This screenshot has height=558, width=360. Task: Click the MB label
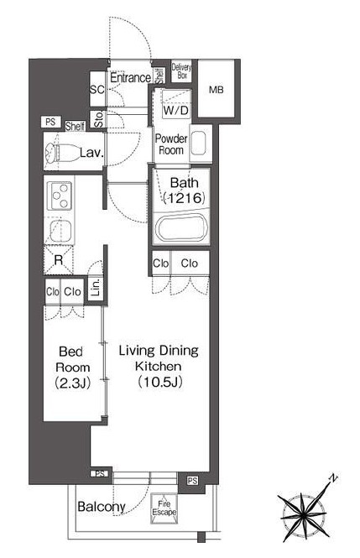216,90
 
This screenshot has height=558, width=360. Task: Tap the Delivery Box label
181,70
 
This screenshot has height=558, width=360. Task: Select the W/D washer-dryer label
175,110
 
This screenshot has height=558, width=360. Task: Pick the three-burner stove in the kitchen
59,196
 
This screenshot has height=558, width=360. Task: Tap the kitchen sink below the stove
59,232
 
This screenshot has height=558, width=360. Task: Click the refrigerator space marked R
59,260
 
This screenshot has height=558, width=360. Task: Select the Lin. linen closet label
96,288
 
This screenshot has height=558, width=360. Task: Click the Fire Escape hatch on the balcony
164,508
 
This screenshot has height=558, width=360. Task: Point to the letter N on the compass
332,478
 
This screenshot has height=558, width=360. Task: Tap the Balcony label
102,507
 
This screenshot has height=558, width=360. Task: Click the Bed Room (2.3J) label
72,368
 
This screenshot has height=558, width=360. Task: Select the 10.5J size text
160,382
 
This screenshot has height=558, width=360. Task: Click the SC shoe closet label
97,89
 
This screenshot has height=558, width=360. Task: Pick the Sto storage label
98,119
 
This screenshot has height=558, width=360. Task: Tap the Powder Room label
171,144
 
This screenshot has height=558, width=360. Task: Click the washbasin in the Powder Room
199,143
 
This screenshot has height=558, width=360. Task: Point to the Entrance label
131,77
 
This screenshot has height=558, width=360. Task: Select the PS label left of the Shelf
50,122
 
